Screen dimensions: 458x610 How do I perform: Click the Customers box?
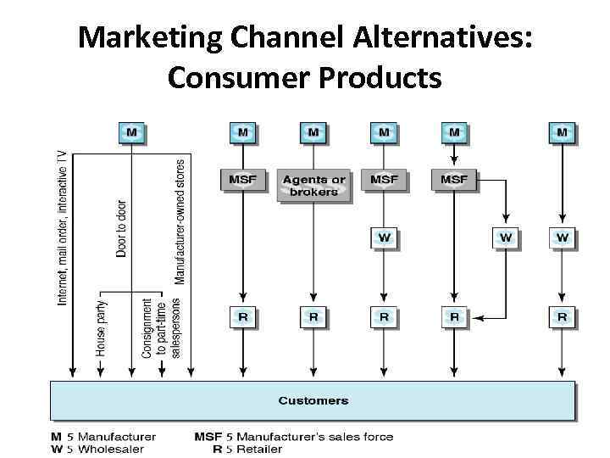pos(313,400)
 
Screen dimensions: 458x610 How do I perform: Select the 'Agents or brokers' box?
pos(313,185)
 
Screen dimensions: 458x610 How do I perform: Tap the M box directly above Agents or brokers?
pos(313,132)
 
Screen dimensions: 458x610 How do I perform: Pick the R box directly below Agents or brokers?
pos(313,317)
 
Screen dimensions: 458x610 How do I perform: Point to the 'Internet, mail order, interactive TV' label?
pos(61,227)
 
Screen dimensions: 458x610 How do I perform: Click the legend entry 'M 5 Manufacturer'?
pos(103,437)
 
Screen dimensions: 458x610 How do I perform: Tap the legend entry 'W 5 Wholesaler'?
pos(97,449)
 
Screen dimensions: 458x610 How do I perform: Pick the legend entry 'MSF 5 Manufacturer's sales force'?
pos(293,437)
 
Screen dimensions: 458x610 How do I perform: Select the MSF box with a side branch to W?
pos(455,180)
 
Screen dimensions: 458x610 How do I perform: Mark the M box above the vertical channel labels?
pos(131,132)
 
